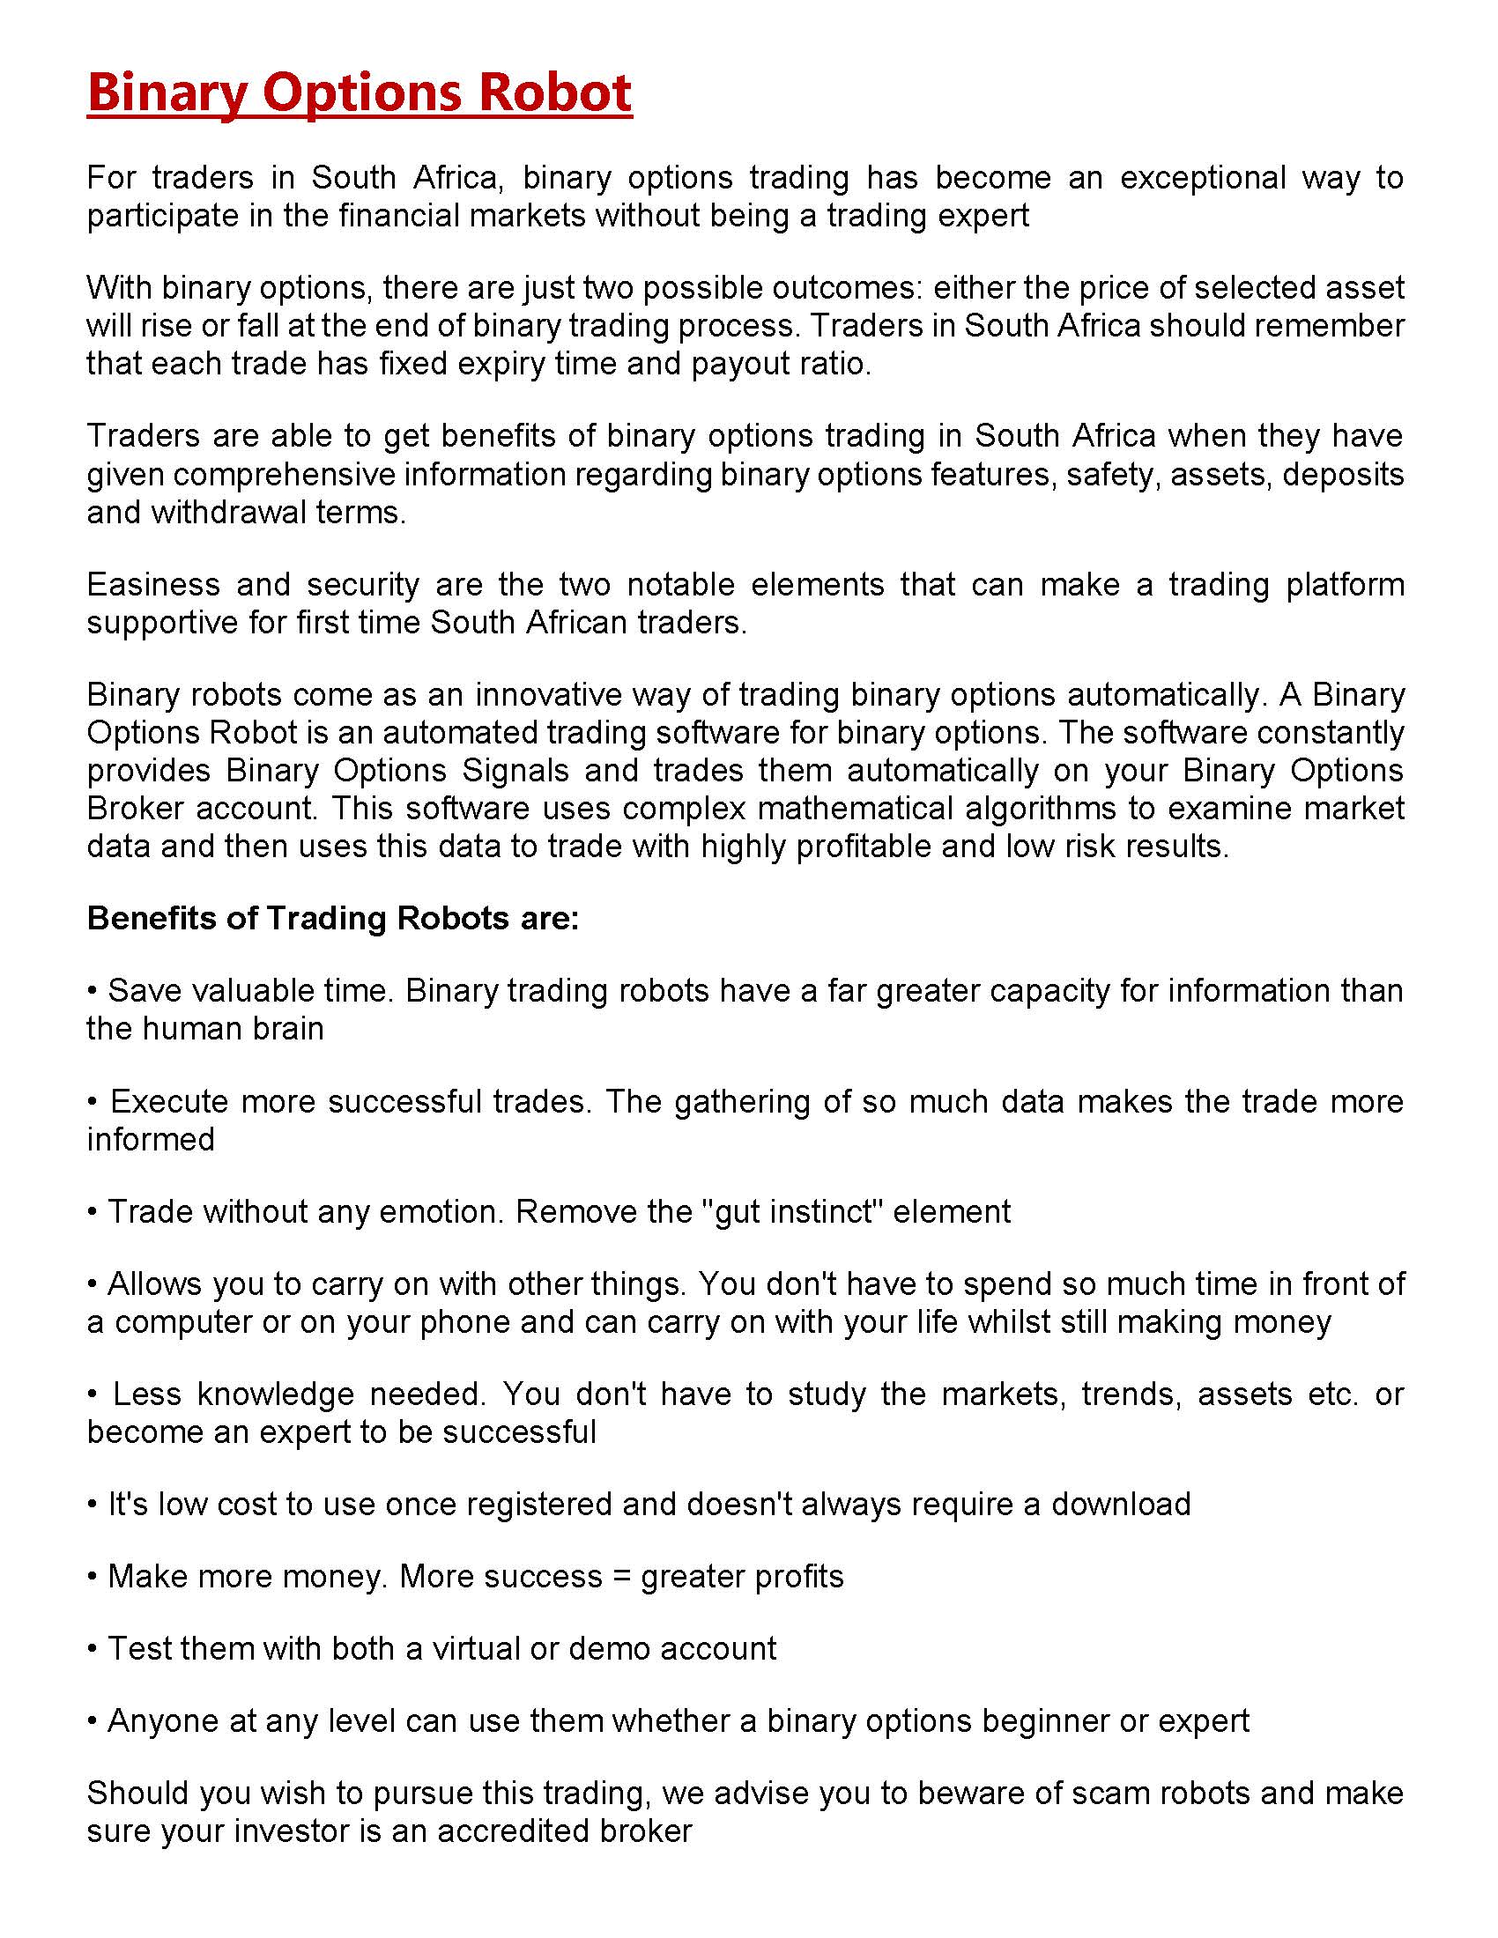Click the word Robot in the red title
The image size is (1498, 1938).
[x=553, y=92]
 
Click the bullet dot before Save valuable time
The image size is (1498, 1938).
[x=93, y=991]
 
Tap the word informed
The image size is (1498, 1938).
[x=151, y=1139]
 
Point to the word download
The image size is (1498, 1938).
[x=1121, y=1505]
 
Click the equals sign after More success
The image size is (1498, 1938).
[x=620, y=1578]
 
